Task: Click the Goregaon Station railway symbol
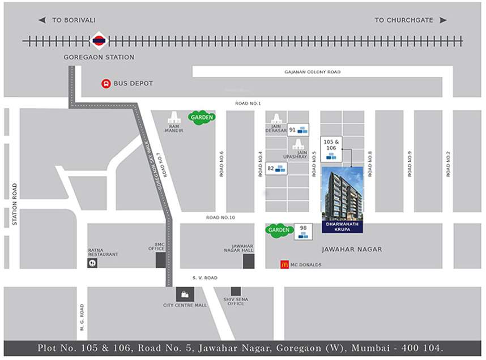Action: coord(99,41)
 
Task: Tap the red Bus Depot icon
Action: coord(106,83)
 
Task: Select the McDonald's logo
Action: coord(284,264)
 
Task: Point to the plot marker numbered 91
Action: coord(298,130)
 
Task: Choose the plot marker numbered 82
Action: coord(276,168)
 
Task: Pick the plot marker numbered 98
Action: coord(303,231)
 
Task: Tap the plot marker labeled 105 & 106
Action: coord(331,148)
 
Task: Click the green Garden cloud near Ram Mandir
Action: coord(202,117)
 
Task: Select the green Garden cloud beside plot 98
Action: coord(279,230)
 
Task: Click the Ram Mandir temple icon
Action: coord(174,118)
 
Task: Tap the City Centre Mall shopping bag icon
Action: coord(185,294)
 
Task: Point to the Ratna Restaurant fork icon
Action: coord(92,263)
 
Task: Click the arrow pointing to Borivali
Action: coord(42,20)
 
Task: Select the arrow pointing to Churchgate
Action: coord(443,20)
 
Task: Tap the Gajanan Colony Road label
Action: coord(312,72)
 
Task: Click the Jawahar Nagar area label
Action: coord(352,249)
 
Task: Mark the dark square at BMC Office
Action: coord(161,260)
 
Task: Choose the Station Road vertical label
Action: coord(15,204)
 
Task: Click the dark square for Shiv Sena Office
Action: coord(236,291)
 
